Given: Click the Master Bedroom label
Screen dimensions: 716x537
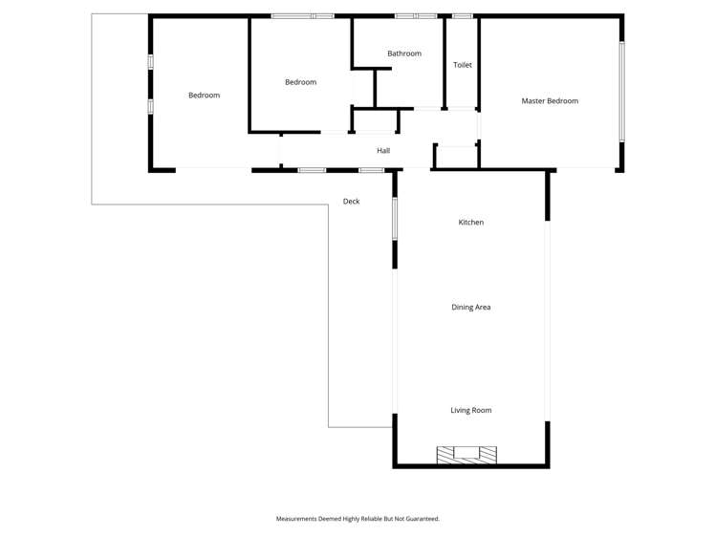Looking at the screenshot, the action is (x=550, y=101).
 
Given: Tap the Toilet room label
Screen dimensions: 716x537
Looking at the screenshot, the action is (x=462, y=65).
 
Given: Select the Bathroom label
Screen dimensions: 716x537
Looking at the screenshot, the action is (x=404, y=54).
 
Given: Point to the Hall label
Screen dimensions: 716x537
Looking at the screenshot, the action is (x=383, y=151).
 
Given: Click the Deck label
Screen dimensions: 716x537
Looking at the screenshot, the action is (x=351, y=202).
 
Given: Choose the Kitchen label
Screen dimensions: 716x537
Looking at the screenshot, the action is (x=470, y=223).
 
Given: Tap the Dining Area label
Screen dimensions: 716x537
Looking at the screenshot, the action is (x=470, y=307).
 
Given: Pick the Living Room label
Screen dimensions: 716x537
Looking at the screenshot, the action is (x=470, y=410).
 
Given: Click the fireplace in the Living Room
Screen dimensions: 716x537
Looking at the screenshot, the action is (x=466, y=456).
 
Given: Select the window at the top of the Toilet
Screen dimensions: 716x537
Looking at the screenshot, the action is (x=462, y=16).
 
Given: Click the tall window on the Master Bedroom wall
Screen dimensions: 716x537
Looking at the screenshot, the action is (x=621, y=91).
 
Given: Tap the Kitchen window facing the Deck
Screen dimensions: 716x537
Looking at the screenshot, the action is (x=395, y=219).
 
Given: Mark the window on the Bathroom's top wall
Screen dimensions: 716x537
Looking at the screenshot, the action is (x=416, y=16).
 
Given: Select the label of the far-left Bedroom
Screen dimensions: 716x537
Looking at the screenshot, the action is (x=205, y=95).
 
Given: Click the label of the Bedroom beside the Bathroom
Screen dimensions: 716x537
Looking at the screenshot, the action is (x=300, y=82).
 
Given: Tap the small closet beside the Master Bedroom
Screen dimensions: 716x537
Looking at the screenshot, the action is (x=457, y=157).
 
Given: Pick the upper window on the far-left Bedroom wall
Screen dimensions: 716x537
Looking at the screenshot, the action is (x=151, y=62).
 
